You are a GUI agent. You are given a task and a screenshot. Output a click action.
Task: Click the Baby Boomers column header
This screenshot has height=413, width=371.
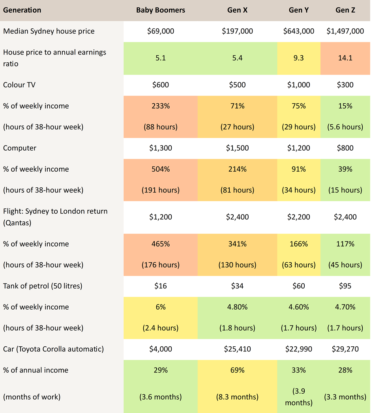[161, 10]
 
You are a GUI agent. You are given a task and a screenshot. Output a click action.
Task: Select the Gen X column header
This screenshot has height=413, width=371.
[238, 10]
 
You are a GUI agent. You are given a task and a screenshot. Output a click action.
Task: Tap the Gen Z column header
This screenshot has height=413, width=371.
[345, 10]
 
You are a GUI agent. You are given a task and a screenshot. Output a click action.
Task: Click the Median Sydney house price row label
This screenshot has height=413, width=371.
[49, 31]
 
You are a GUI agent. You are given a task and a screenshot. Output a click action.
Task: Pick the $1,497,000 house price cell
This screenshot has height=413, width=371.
[345, 31]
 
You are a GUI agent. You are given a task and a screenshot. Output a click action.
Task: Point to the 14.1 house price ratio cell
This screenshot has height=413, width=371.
[345, 58]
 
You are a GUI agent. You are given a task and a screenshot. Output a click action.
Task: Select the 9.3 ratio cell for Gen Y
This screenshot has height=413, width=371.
[299, 58]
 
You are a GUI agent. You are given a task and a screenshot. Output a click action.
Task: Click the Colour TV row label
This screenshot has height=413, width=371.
[20, 85]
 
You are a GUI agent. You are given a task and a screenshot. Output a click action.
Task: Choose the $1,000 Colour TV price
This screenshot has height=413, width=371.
[299, 85]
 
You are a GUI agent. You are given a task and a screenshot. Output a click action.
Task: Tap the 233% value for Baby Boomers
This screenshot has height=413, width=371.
[161, 106]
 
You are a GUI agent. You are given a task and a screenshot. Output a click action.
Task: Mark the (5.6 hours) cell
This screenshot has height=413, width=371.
[345, 127]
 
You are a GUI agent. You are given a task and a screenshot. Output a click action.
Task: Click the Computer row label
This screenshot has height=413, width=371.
[20, 148]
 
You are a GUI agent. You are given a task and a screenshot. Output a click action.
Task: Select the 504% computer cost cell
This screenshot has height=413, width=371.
[161, 169]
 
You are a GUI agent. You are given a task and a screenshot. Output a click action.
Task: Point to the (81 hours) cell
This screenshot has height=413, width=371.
[238, 190]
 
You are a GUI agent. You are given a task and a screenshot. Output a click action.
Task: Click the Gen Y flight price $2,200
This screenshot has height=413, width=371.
[299, 217]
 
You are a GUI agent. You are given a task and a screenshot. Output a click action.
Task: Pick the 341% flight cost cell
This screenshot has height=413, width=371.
[238, 244]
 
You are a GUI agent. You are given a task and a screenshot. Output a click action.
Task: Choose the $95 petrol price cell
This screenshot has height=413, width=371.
[345, 286]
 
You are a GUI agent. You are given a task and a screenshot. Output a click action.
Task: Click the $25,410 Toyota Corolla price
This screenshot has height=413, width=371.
[238, 349]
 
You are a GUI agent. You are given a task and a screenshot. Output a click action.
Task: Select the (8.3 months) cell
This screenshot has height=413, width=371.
[238, 397]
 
